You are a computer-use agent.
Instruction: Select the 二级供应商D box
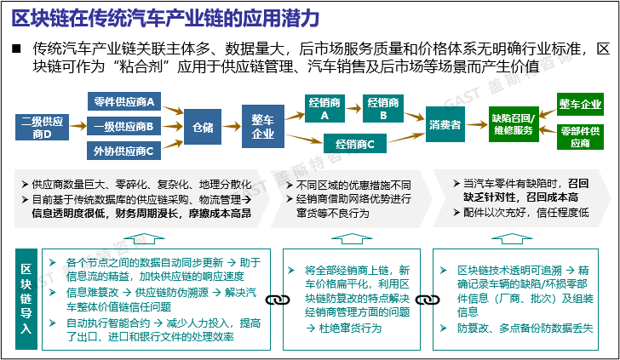tap(42, 128)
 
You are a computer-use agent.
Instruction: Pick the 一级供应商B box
tap(123, 128)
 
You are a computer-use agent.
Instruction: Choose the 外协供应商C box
tap(123, 151)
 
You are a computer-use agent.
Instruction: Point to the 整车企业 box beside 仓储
tap(263, 126)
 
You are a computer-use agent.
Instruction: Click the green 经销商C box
tap(354, 144)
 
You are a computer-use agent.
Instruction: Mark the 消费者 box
tap(445, 125)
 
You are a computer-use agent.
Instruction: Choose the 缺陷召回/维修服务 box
tap(513, 124)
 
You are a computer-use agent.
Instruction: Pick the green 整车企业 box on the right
tap(580, 104)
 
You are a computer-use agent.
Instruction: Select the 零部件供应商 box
tap(580, 137)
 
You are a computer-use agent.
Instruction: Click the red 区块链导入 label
tap(26, 298)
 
